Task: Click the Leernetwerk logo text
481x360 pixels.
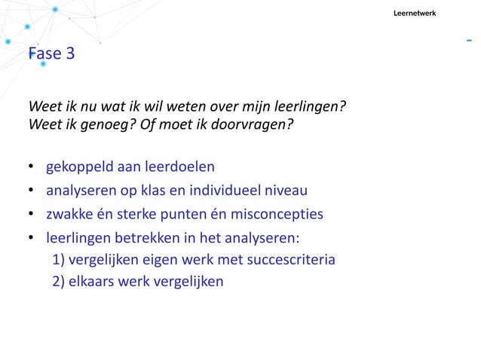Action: click(x=415, y=14)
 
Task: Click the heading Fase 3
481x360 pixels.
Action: click(x=51, y=54)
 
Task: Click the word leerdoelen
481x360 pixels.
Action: click(x=178, y=166)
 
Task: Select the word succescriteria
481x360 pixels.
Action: click(x=290, y=261)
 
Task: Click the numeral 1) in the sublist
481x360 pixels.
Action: click(x=59, y=261)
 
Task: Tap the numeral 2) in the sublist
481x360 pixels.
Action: click(x=59, y=282)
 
